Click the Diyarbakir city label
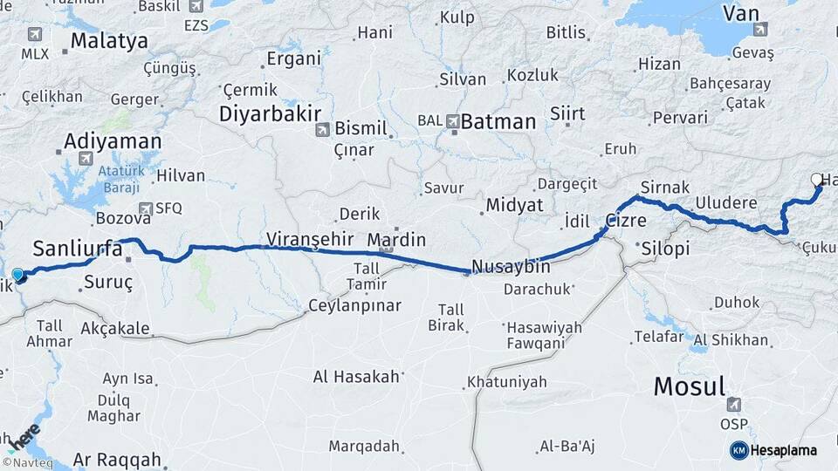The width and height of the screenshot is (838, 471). (x=271, y=113)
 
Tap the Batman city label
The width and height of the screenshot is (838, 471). (x=498, y=122)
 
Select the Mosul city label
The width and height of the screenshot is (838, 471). (x=690, y=386)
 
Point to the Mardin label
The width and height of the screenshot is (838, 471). (x=396, y=239)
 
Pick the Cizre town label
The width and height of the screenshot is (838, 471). (x=626, y=222)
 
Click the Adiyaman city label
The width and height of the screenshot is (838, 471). (x=113, y=141)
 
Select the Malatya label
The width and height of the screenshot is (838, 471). (x=109, y=40)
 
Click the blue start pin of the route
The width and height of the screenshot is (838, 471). (x=18, y=275)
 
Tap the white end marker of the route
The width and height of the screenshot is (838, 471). (x=816, y=180)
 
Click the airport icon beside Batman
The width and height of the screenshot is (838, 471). (x=453, y=121)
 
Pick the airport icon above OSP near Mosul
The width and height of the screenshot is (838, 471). (x=734, y=405)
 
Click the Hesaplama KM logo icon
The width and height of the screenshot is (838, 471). (x=738, y=450)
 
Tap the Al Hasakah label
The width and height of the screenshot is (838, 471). (x=356, y=377)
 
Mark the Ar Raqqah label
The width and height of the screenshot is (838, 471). (x=117, y=459)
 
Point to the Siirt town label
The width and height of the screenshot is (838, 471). (x=567, y=113)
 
